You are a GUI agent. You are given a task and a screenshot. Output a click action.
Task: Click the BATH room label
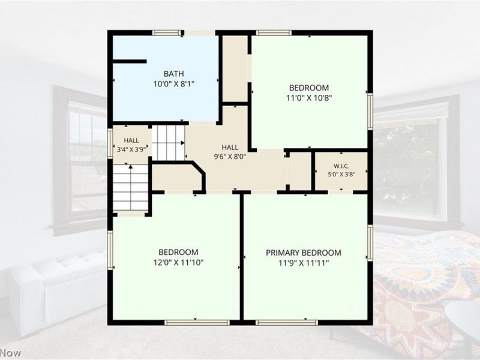[173, 74]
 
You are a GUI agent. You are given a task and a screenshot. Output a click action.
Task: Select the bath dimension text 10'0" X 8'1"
[174, 84]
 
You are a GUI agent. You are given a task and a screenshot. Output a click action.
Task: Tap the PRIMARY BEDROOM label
[304, 253]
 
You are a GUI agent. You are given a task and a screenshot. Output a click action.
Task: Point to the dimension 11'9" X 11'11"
[304, 263]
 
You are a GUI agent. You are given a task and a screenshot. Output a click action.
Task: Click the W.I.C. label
[341, 166]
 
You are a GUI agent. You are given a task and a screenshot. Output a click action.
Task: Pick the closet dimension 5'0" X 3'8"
[341, 175]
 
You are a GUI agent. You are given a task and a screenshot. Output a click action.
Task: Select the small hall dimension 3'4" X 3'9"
[131, 150]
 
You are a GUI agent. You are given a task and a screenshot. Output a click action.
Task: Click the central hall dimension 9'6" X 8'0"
[230, 157]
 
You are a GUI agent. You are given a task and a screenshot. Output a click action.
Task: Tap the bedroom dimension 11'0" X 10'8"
[309, 98]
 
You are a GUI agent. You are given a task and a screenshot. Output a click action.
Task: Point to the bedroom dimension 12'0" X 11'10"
[178, 262]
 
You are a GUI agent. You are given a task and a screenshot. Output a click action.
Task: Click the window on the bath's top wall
[167, 33]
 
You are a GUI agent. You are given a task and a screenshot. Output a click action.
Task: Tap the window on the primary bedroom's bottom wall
[287, 322]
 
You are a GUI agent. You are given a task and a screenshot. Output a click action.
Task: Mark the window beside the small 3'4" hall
[110, 143]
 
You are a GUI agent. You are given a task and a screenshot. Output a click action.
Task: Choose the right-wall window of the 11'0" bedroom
[370, 111]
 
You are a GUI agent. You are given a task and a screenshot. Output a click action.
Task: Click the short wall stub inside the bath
[130, 62]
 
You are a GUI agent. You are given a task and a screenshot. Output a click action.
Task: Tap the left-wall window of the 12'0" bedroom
[110, 250]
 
